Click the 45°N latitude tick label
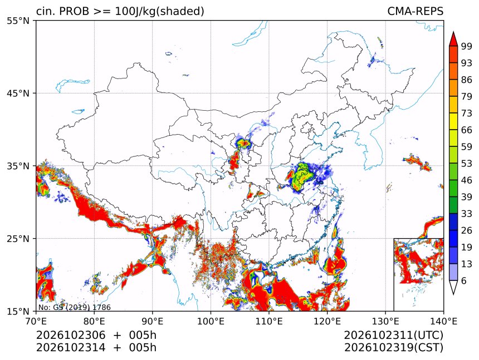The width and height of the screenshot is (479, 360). pos(18,93)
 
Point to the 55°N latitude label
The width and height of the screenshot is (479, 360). pos(18,21)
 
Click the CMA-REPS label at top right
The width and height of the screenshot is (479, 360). pos(415,11)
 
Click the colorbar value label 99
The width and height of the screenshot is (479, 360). pos(467,46)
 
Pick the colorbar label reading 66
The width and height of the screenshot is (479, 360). pos(467,130)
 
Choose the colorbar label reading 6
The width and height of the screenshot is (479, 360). pos(464,280)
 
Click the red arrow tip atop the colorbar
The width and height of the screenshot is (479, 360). pos(453,32)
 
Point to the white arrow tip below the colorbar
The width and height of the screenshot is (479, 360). pos(453,294)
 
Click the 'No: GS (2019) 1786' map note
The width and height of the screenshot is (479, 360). pos(75,307)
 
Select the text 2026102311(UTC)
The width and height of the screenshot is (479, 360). pos(393,335)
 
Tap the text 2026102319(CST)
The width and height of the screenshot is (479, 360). pos(393,348)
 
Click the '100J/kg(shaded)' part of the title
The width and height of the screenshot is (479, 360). pos(159,11)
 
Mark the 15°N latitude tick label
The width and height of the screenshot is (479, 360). pos(18,311)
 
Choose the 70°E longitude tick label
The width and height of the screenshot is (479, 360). pos(36,322)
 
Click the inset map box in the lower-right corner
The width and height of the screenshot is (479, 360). pos(418,274)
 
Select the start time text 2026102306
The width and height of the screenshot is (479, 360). pos(71,335)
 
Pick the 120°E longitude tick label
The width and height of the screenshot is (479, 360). pos(327,322)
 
